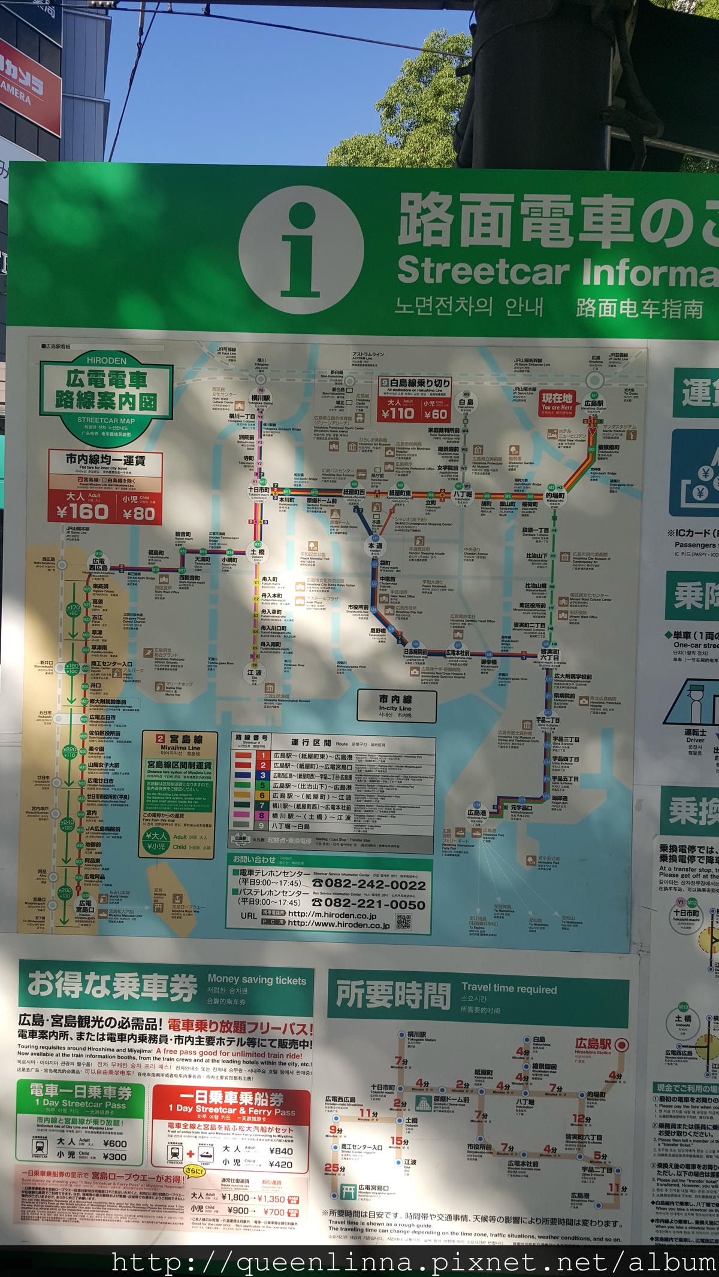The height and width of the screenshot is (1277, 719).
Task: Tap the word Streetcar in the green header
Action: tap(482, 271)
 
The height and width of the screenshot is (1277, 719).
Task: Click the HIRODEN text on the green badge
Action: tap(107, 360)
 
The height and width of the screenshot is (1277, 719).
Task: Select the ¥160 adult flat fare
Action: tap(82, 511)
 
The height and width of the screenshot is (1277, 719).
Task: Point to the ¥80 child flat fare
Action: tap(138, 513)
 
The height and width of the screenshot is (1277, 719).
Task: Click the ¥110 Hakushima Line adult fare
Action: tap(398, 412)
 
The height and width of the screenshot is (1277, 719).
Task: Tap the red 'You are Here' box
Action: tap(557, 402)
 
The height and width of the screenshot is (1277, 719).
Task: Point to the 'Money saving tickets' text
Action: tap(256, 980)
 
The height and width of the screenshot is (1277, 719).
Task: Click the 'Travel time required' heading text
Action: tap(509, 989)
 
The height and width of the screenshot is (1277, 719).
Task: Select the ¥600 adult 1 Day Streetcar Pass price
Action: tap(114, 1143)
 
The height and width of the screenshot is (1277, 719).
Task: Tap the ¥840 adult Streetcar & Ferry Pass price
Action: tap(280, 1151)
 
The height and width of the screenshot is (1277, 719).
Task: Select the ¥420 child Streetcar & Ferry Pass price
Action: tap(280, 1164)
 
